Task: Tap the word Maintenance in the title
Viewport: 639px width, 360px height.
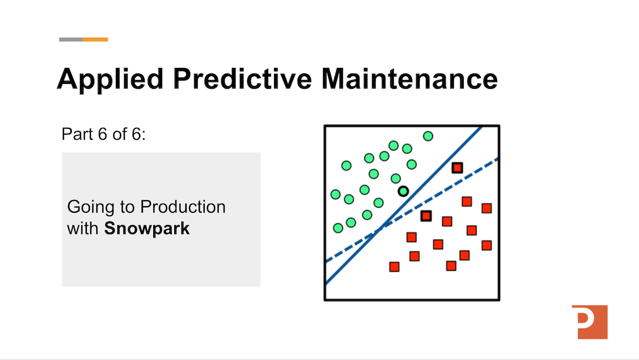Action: coord(409,79)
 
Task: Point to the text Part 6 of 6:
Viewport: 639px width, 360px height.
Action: coord(103,134)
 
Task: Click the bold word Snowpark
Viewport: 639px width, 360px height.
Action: coord(147,229)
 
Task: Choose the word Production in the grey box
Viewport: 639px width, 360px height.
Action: coord(183,207)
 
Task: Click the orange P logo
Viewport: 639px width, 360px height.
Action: coord(590,322)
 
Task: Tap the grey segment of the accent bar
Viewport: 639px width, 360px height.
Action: coord(71,39)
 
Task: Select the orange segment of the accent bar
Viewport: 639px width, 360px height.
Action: coord(95,39)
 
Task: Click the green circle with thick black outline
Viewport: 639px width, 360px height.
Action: coord(403,191)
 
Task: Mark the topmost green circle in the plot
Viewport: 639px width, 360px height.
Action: coord(428,136)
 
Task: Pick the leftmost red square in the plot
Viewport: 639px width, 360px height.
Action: coord(394,267)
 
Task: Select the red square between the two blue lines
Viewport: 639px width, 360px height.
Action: coord(457,168)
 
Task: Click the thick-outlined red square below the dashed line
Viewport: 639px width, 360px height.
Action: coord(426,216)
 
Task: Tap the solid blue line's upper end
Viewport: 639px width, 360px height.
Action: coord(480,128)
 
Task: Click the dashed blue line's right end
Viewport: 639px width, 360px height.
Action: coord(497,159)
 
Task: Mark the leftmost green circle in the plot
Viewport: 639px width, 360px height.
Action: coord(335,194)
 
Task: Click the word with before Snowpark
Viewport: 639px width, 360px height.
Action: coord(83,229)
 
